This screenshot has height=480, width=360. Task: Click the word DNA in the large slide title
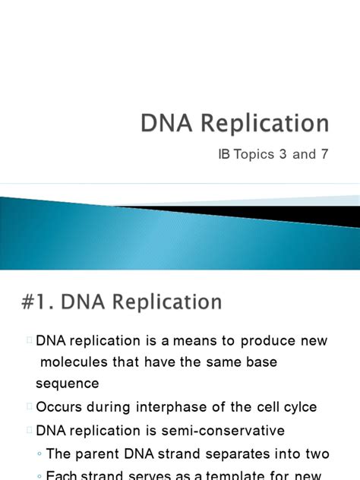coord(165,124)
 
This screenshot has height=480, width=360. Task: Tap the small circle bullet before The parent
coord(39,455)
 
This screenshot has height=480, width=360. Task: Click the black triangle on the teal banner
coord(319,215)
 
